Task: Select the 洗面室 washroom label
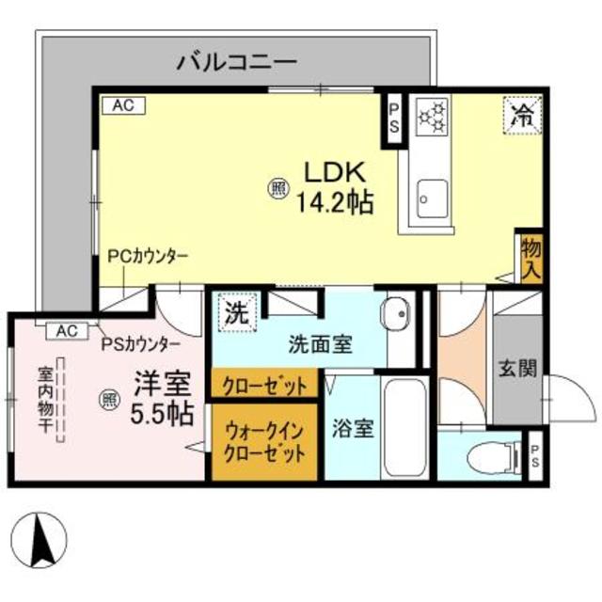pyautogui.click(x=320, y=343)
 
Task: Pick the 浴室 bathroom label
pyautogui.click(x=354, y=429)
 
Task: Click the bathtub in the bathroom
pyautogui.click(x=405, y=428)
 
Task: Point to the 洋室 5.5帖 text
pyautogui.click(x=163, y=398)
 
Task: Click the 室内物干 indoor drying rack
pyautogui.click(x=60, y=400)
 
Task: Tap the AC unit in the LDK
pyautogui.click(x=124, y=105)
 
